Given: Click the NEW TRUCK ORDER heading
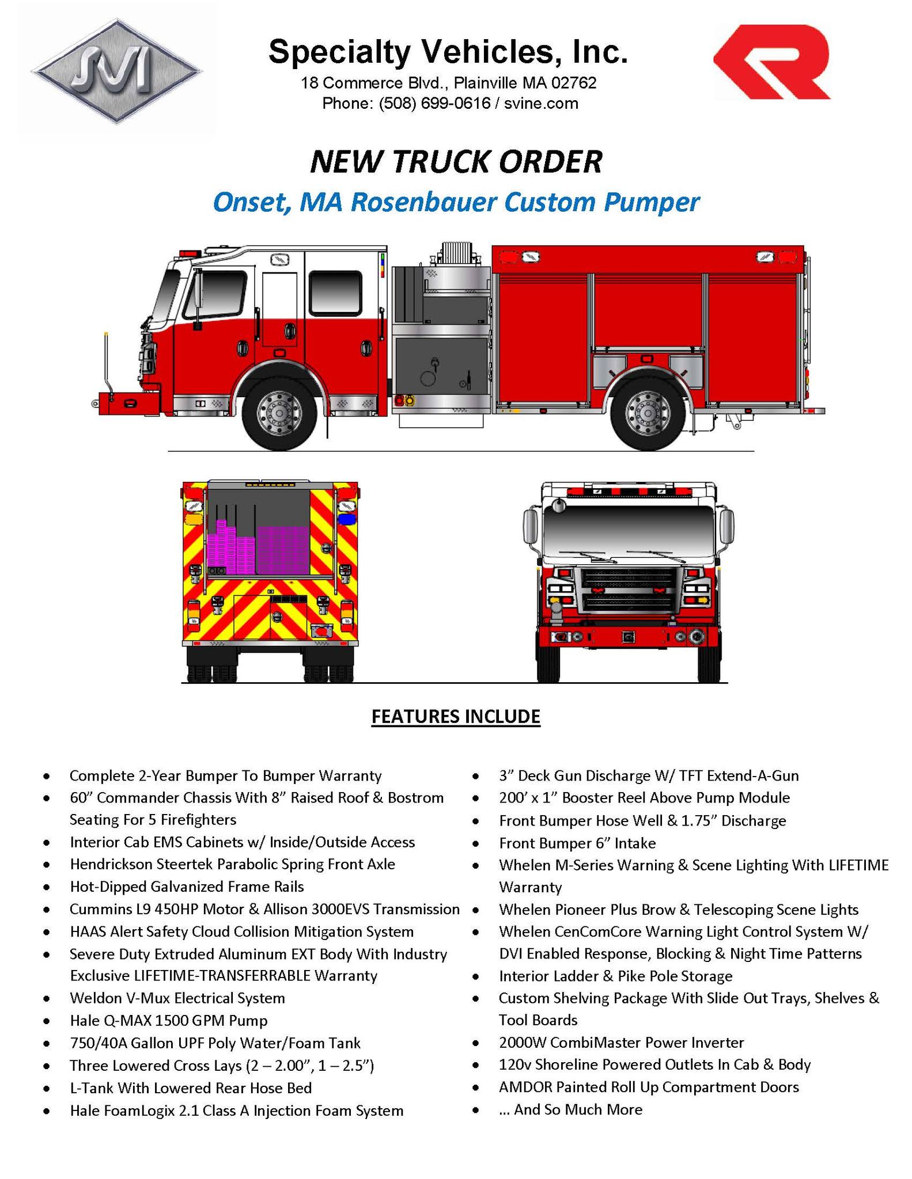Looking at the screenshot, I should pos(456,162).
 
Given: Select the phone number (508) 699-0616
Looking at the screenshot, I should pos(435,104).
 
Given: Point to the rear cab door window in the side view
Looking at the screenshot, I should pos(336,292).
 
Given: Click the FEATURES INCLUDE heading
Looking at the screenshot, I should pos(456,716).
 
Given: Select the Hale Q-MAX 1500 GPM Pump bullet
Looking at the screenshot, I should pos(168,1021).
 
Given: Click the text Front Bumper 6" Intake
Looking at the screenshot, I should pos(577,843).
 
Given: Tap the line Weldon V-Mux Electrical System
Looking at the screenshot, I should pos(177,998).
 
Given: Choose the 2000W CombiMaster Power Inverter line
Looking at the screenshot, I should pos(621,1043).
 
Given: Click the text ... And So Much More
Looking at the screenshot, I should pos(570,1109).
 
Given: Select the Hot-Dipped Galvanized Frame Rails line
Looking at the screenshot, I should pos(187,887).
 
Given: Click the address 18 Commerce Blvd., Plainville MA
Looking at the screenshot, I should pos(448,83).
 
